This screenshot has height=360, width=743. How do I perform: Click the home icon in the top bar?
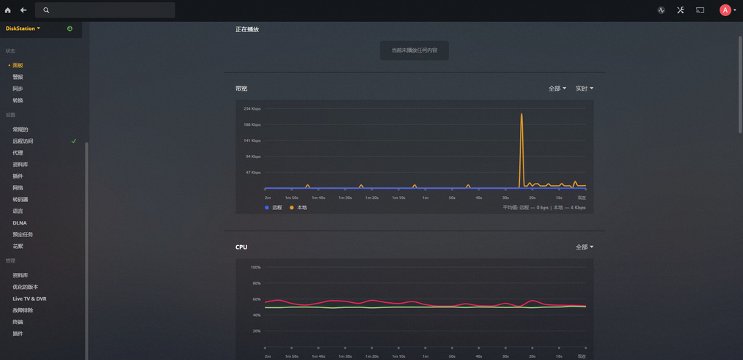[8, 10]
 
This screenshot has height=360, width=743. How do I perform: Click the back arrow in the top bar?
[23, 10]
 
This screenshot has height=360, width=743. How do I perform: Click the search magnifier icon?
[46, 10]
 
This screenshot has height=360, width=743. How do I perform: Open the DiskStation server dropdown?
[23, 29]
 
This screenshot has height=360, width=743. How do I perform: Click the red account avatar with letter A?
[725, 10]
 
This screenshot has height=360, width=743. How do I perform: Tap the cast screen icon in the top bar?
[700, 10]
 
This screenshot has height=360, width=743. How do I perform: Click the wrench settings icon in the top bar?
[680, 10]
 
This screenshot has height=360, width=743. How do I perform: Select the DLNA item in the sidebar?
[20, 223]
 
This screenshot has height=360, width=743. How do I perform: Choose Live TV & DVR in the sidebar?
[29, 299]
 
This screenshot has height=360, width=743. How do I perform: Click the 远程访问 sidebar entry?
[23, 141]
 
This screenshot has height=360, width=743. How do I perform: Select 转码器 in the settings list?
[20, 200]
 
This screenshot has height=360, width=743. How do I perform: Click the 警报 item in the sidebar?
[18, 77]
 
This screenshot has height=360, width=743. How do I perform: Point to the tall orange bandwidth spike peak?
[521, 114]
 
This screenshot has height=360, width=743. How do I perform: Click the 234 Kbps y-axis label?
[252, 108]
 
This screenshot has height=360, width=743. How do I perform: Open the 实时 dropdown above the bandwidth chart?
[584, 89]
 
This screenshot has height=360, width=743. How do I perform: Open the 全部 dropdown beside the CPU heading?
[584, 247]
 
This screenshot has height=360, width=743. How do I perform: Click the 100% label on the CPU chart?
[255, 267]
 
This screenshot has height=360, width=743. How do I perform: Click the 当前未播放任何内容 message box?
[414, 50]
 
